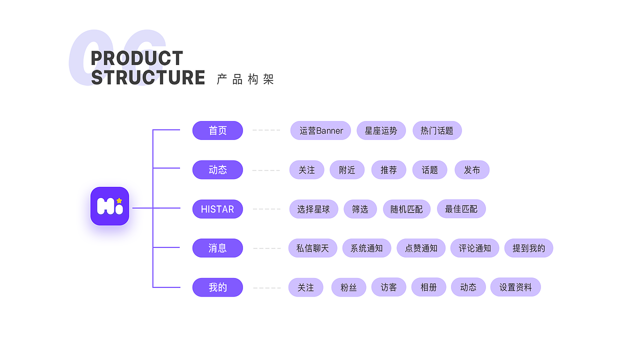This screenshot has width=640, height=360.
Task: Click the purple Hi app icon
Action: (109, 206)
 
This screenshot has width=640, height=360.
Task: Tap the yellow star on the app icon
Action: (119, 200)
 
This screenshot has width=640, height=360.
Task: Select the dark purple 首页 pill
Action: (217, 130)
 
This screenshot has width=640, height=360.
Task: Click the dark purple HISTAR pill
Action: (217, 209)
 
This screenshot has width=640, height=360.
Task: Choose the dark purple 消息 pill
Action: (217, 248)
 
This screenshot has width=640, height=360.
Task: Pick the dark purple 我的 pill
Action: (217, 287)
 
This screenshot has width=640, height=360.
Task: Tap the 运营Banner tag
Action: (320, 130)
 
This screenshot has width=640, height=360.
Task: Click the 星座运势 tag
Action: (381, 130)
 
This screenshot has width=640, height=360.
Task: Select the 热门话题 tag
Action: (437, 130)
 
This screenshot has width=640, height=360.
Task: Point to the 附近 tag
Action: (347, 170)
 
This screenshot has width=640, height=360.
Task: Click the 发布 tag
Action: (471, 170)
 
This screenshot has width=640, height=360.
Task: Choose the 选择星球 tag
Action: (313, 209)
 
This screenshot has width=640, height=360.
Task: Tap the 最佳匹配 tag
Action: (461, 209)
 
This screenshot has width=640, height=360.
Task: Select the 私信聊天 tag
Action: (312, 248)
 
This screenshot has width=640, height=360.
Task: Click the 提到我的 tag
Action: (528, 248)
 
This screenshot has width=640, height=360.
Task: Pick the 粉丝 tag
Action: (348, 287)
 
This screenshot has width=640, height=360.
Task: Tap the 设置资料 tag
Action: (515, 287)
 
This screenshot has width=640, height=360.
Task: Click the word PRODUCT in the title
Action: (137, 58)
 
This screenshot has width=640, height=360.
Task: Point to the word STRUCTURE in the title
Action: (148, 78)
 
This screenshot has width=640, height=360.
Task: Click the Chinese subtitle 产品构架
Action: (245, 79)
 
